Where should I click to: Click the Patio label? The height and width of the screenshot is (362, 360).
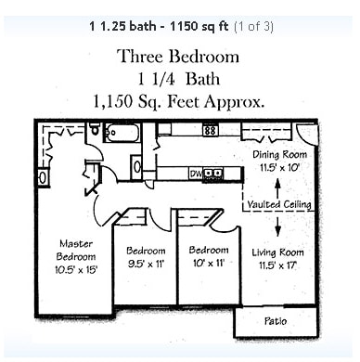[x=276, y=321]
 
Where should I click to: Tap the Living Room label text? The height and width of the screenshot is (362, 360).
[x=277, y=252]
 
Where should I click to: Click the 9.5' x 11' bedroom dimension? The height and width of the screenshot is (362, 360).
[x=146, y=264]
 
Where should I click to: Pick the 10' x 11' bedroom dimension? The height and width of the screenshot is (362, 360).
[x=208, y=263]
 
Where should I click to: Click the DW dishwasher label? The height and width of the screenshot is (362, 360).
[x=196, y=174]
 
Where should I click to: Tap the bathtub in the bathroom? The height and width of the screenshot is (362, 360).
[x=122, y=133]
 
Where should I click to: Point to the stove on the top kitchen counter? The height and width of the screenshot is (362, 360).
[x=211, y=130]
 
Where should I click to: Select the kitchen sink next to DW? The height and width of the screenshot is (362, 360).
[x=214, y=174]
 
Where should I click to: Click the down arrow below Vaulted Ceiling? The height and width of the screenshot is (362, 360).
[x=278, y=226]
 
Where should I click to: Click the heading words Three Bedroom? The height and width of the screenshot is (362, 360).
[x=178, y=57]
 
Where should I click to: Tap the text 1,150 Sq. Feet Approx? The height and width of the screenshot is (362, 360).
[x=179, y=100]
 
